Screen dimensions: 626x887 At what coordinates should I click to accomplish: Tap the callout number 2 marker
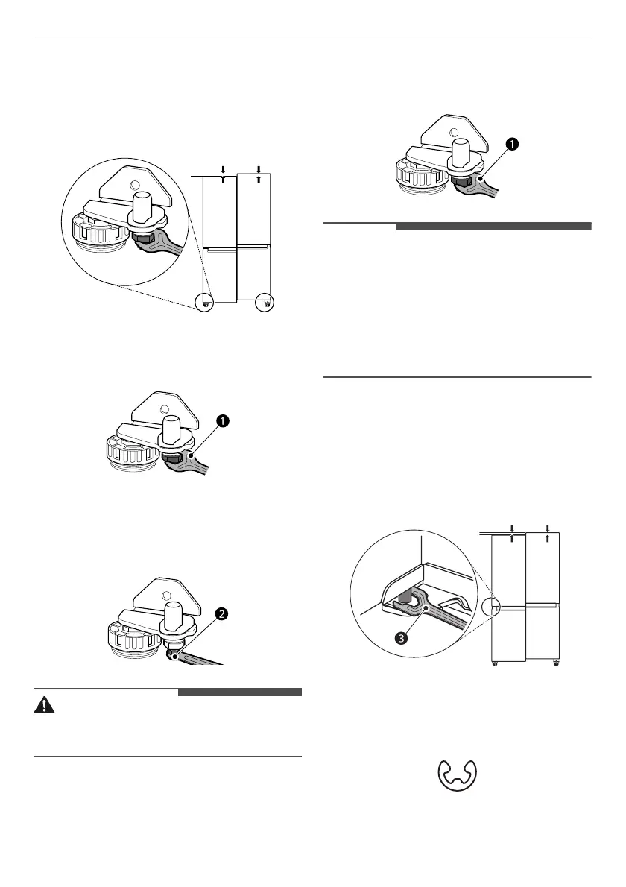pyautogui.click(x=221, y=615)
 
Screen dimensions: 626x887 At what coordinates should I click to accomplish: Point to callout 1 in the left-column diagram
pyautogui.click(x=221, y=422)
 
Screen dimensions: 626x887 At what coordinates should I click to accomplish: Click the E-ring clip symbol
pyautogui.click(x=457, y=777)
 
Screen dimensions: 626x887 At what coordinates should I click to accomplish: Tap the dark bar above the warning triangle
pyautogui.click(x=239, y=692)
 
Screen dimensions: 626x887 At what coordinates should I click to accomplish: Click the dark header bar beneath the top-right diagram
pyautogui.click(x=493, y=226)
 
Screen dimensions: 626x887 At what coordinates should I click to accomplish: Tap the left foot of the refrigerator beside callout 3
pyautogui.click(x=495, y=663)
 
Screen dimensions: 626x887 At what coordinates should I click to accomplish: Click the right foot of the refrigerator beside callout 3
pyautogui.click(x=554, y=663)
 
